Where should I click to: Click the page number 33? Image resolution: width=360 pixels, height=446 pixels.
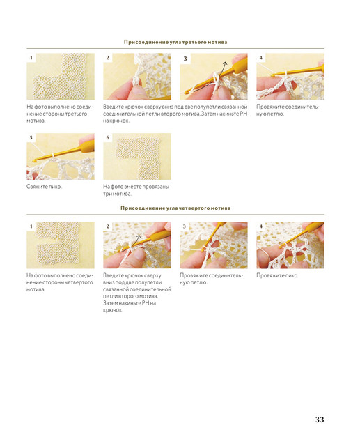320,420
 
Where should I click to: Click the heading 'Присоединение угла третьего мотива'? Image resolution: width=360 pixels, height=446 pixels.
175,42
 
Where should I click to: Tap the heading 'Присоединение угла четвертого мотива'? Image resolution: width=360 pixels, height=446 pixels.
175,208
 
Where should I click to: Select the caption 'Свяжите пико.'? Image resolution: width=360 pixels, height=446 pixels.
44,187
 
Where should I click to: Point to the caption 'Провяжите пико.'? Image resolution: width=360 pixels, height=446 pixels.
277,275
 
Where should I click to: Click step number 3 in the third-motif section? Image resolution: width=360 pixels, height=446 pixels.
185,59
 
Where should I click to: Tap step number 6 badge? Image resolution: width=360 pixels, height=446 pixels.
108,138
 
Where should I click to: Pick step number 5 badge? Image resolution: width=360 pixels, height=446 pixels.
31,138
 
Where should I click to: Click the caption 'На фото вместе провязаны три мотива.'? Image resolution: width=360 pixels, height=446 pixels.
136,190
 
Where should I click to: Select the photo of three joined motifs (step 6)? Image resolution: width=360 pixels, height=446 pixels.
137,156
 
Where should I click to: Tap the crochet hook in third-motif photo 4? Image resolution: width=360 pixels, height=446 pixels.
298,70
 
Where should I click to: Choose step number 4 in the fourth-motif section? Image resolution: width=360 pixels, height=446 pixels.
261,226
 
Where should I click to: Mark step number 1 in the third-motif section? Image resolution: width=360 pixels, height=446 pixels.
31,58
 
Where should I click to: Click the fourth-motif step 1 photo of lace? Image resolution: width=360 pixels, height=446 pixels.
61,245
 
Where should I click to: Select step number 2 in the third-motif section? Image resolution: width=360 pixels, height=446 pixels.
108,58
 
